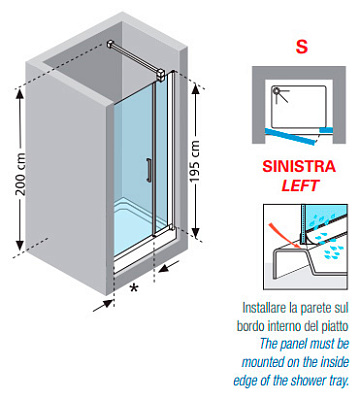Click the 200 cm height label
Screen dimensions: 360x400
[21, 174]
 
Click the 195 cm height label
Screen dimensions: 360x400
[194, 161]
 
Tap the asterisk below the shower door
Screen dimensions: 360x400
[134, 288]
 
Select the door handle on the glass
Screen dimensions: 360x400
[148, 170]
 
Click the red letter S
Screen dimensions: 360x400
[301, 47]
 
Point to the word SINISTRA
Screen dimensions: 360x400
[299, 166]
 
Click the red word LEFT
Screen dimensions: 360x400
[300, 186]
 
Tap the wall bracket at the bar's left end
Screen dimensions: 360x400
[111, 44]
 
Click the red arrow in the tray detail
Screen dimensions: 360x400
[285, 237]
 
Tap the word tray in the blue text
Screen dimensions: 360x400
[340, 381]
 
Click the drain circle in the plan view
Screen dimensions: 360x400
[276, 90]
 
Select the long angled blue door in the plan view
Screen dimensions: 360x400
[290, 136]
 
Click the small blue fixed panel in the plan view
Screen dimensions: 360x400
[326, 130]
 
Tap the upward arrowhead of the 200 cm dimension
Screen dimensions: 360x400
[20, 94]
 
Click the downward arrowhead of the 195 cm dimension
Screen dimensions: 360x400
[196, 232]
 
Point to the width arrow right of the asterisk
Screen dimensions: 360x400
[169, 266]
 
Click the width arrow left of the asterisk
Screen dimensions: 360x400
[104, 305]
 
